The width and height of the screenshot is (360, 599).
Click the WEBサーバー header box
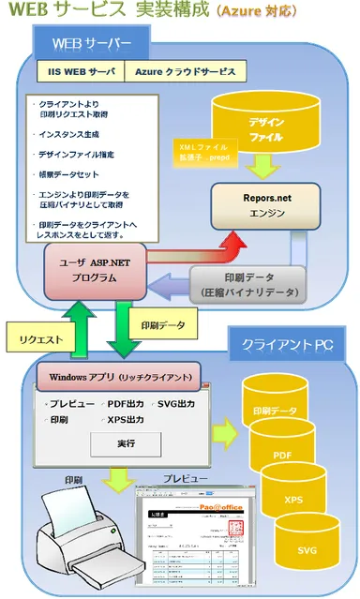[90, 41]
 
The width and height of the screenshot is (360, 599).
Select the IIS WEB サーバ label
[82, 71]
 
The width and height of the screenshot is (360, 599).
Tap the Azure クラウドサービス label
[188, 71]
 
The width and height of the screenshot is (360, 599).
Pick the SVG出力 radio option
[172, 403]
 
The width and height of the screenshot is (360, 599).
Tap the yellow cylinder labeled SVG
[307, 547]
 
